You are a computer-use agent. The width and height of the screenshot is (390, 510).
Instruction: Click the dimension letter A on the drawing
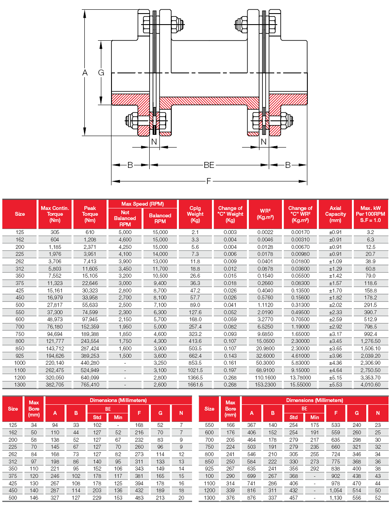tap(85, 73)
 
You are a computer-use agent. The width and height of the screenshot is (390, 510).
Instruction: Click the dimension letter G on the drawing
tap(101, 73)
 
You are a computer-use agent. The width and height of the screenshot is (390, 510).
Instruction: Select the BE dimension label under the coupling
tap(209, 164)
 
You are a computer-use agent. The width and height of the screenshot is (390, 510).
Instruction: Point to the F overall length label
tap(209, 181)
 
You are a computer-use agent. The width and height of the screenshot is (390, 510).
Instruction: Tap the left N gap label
tap(154, 141)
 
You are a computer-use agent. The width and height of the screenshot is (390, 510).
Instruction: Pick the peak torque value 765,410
tap(90, 385)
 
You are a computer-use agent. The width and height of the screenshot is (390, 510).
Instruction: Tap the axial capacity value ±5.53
tap(335, 385)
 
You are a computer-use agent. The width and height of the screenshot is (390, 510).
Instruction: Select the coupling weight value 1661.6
tap(195, 385)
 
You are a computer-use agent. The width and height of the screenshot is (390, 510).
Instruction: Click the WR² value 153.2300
tap(265, 385)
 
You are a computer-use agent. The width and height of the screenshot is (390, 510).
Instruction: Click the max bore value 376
tap(230, 498)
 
